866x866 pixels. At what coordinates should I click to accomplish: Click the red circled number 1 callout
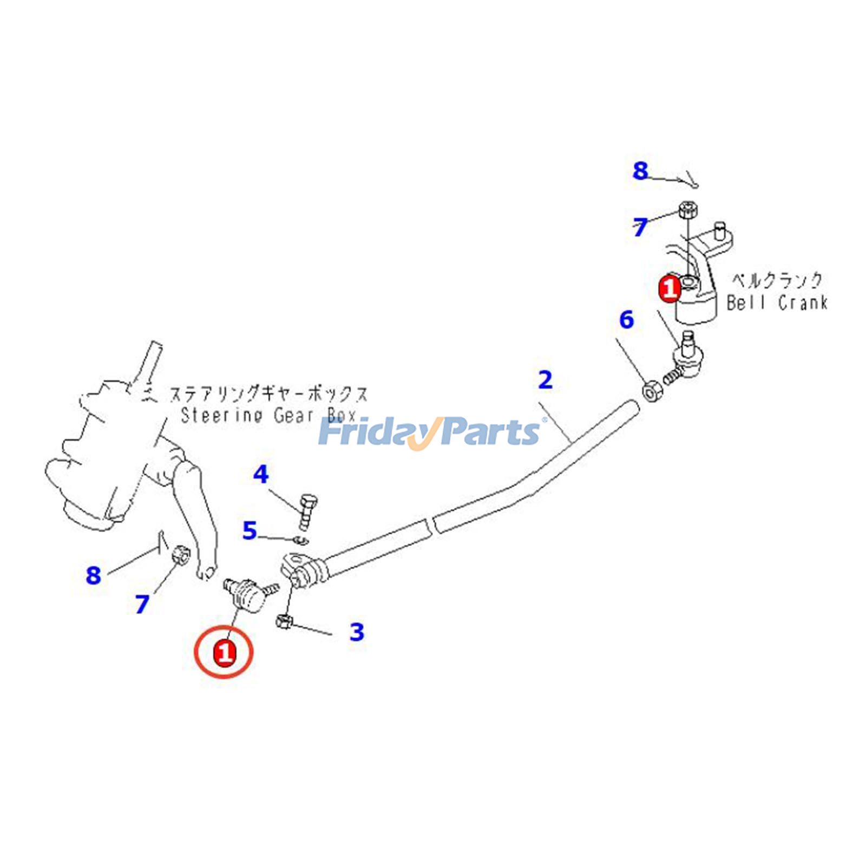click(x=224, y=652)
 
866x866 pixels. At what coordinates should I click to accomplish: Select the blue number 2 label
click(x=545, y=380)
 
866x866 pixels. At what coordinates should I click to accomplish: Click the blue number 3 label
click(x=357, y=631)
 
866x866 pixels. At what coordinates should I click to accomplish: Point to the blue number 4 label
click(x=261, y=475)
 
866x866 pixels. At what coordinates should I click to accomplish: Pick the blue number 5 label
click(x=249, y=531)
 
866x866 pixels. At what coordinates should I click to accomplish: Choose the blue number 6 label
click(x=626, y=320)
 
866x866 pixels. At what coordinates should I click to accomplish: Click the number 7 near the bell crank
click(x=640, y=227)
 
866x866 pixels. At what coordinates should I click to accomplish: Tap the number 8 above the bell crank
click(x=640, y=171)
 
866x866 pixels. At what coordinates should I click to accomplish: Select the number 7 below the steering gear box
click(x=142, y=604)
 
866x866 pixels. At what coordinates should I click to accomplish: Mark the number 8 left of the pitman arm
click(x=94, y=575)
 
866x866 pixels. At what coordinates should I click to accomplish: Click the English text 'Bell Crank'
click(x=777, y=303)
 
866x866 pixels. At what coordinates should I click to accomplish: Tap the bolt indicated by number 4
click(x=307, y=510)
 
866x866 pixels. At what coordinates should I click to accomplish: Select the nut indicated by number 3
click(x=284, y=622)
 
